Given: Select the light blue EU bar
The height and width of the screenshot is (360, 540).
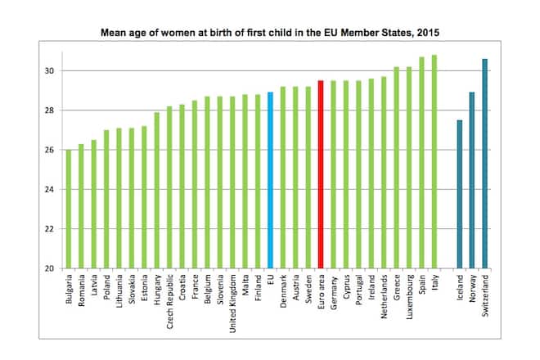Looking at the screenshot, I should click(x=271, y=180).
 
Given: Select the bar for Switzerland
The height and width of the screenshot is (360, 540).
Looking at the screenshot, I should click(x=484, y=164).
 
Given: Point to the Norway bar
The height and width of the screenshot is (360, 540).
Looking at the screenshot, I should click(x=472, y=180).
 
